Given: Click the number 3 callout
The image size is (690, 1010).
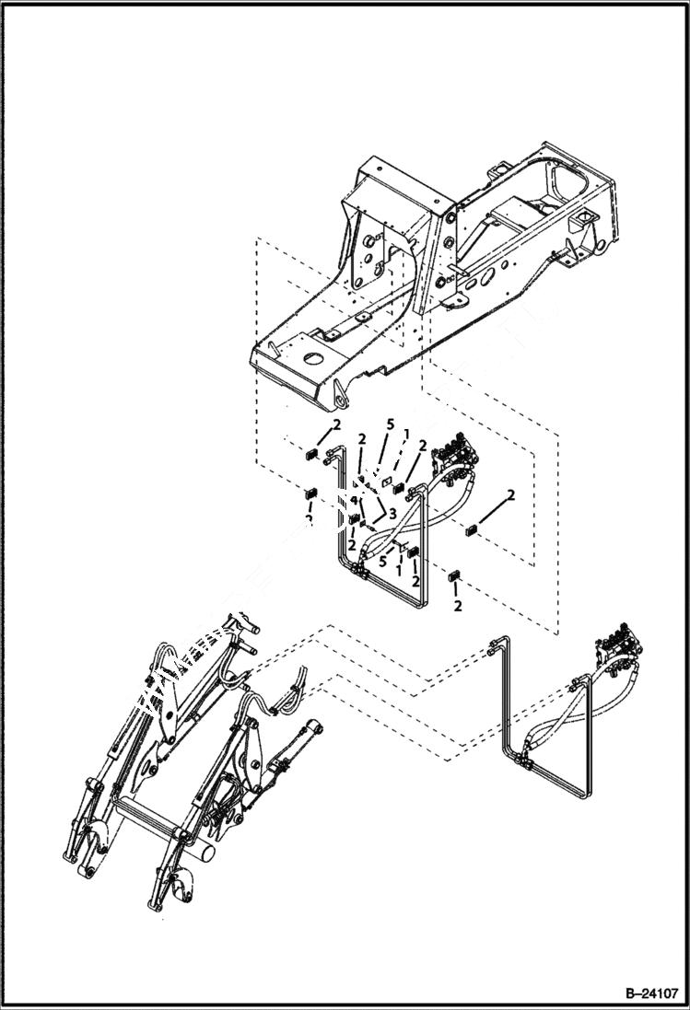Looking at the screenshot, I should point(392,513).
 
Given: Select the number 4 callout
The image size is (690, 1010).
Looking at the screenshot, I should point(353,502).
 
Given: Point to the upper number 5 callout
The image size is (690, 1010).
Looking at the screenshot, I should point(391,425).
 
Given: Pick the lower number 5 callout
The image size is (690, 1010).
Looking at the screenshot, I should point(382,561).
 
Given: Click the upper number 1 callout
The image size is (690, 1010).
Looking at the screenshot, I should point(405,433).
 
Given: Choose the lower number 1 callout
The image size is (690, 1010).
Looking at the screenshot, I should point(398,571).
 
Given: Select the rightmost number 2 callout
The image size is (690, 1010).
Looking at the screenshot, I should point(511,495).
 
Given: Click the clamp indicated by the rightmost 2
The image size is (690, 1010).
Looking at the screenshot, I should point(472,529).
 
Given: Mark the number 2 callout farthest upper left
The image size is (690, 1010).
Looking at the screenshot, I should point(337,424).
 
